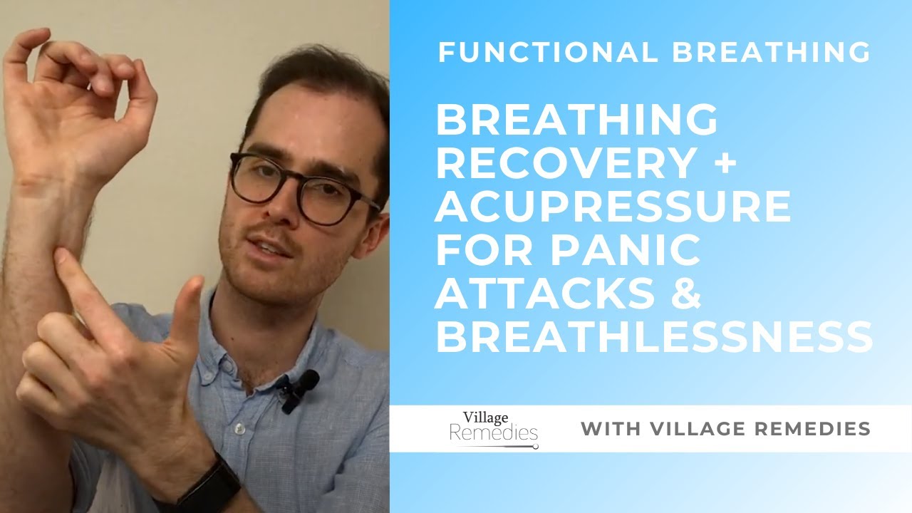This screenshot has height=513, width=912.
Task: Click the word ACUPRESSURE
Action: tap(613, 207)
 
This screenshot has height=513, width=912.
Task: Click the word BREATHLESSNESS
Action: tap(653, 336)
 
